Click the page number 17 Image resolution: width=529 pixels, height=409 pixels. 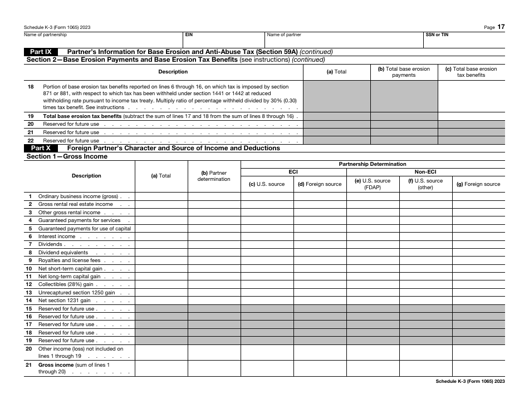tap(501, 27)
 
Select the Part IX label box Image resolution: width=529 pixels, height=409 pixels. tap(41, 52)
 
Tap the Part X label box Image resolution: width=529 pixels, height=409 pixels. tap(41, 149)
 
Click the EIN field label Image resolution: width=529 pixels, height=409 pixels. tap(189, 35)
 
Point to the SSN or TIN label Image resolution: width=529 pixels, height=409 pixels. tap(437, 35)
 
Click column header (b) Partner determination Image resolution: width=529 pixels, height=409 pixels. tap(214, 176)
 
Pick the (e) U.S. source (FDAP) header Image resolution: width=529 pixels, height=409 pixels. tap(373, 184)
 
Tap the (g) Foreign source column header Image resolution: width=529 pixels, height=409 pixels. tap(478, 184)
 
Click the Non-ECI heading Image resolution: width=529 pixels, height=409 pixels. tap(425, 172)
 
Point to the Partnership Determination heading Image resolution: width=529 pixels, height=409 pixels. tap(373, 164)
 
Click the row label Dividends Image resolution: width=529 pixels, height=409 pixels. tap(50, 244)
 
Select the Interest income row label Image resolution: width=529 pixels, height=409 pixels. tap(56, 236)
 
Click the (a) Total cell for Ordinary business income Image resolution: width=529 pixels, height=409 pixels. tap(161, 196)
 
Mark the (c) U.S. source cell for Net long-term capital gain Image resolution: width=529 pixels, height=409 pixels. tap(267, 277)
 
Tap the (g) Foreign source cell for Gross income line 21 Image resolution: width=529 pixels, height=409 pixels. tap(478, 368)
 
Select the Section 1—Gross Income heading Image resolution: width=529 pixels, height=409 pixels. tap(67, 156)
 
